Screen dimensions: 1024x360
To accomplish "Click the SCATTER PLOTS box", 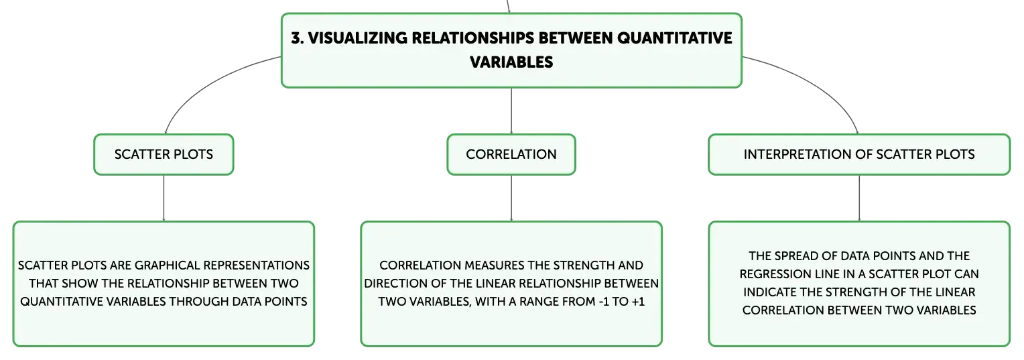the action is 164,154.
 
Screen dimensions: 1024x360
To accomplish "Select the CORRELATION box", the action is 511,154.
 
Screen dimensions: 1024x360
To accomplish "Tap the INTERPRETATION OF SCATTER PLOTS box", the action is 859,154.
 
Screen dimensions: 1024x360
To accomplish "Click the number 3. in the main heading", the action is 297,38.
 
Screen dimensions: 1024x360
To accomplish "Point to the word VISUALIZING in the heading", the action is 358,38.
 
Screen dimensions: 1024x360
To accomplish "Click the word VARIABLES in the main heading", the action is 511,62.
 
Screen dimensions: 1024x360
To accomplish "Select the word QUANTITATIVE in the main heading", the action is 674,38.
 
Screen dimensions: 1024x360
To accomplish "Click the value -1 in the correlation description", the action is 604,302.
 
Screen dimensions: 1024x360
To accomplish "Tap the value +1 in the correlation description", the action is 638,302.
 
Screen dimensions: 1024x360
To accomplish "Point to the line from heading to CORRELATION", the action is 511,111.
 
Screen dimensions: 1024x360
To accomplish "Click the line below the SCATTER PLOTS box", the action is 164,198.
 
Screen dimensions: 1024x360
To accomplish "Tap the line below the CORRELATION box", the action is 511,198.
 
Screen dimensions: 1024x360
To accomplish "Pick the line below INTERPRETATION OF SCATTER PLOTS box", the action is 859,198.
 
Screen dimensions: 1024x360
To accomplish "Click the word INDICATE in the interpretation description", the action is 769,292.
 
